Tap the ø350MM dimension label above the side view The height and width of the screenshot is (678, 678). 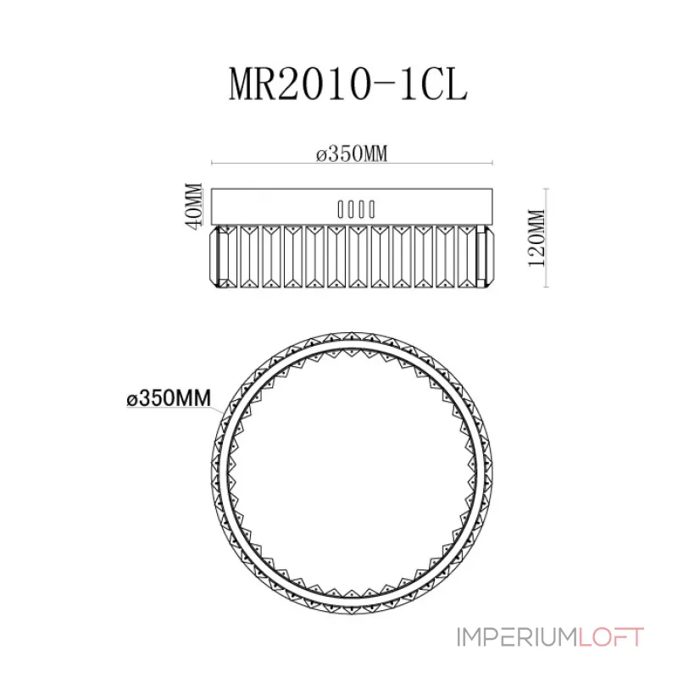point(352,153)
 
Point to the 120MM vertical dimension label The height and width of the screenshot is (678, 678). point(537,238)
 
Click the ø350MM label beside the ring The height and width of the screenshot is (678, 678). point(169,397)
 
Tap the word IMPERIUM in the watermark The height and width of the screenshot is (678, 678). point(517,637)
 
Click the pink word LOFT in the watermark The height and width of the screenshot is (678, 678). point(611,637)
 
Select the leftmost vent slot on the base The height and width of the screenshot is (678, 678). point(341,209)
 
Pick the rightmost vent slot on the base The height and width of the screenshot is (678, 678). point(371,209)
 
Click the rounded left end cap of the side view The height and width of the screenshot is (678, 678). point(215,256)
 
